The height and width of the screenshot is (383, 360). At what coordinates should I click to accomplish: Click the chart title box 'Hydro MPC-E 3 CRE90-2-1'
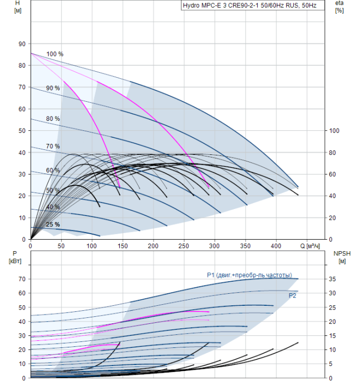(x=253, y=5)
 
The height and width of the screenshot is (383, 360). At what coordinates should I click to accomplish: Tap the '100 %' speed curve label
(x=55, y=54)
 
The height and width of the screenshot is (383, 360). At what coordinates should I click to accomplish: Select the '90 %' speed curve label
(x=53, y=88)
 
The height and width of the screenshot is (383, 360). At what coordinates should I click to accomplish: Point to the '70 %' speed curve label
(x=53, y=146)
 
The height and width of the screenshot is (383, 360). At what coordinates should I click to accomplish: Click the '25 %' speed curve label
(x=53, y=224)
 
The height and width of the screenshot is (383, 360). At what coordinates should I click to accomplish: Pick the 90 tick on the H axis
(x=22, y=44)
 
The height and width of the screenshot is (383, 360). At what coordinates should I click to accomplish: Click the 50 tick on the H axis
(x=22, y=131)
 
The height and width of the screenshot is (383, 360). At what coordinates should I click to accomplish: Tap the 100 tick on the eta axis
(x=334, y=131)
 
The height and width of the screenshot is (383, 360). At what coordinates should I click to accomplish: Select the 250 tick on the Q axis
(x=184, y=246)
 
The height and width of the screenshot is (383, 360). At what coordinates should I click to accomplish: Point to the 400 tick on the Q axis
(x=276, y=246)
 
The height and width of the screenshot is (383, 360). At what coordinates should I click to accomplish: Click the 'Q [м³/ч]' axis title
(x=310, y=246)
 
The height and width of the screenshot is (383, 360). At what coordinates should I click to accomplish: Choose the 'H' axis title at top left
(x=18, y=3)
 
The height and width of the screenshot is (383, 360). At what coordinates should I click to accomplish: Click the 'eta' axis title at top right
(x=340, y=3)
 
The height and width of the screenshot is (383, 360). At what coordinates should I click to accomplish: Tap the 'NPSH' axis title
(x=342, y=253)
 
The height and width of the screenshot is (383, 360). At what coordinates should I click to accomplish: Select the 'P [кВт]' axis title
(x=15, y=257)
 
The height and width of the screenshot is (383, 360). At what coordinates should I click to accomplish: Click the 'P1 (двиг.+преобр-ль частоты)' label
(x=249, y=275)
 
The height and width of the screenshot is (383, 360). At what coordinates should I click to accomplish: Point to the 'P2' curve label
(x=292, y=295)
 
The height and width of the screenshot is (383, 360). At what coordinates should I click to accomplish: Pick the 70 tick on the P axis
(x=22, y=279)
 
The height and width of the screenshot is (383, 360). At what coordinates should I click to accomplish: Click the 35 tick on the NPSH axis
(x=332, y=279)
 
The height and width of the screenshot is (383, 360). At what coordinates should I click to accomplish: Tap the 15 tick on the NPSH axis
(x=332, y=335)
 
